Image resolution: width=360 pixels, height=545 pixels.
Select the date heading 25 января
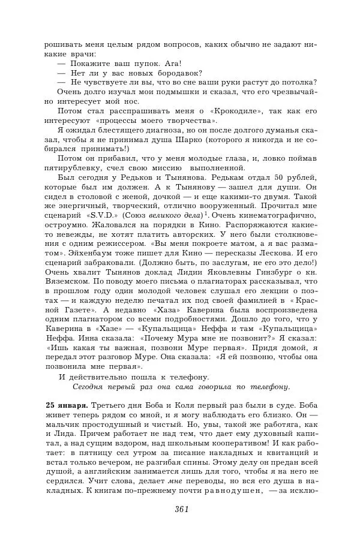(x=67, y=406)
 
